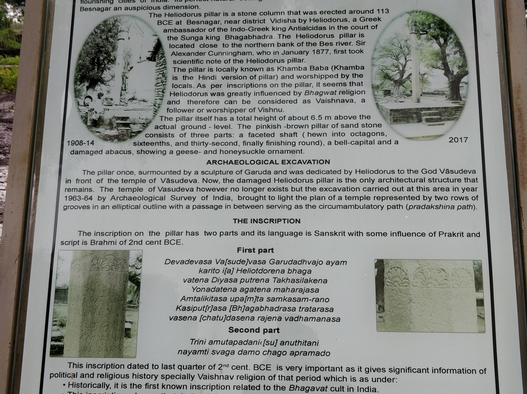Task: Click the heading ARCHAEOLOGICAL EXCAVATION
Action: click(x=268, y=162)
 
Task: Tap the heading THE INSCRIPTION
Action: click(x=266, y=221)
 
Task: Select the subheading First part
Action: click(x=255, y=250)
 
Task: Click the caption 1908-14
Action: click(x=81, y=144)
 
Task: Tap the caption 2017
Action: click(x=458, y=140)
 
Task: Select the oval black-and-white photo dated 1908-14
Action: click(x=120, y=78)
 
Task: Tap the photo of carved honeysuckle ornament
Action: click(x=429, y=295)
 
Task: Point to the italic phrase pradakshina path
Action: click(x=442, y=207)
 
